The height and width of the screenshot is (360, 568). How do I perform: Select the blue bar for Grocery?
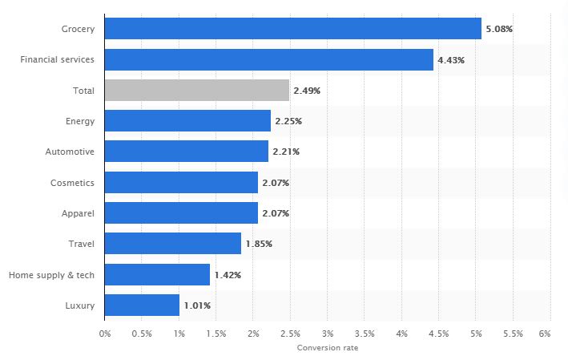click(292, 29)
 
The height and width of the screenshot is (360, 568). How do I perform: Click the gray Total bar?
click(196, 91)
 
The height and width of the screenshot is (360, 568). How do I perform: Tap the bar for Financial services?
click(268, 59)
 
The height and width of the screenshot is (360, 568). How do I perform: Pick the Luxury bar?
click(142, 305)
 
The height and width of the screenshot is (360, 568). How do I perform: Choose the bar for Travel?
click(172, 243)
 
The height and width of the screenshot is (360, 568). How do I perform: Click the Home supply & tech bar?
click(157, 274)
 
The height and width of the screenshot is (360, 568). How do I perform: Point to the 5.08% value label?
click(498, 29)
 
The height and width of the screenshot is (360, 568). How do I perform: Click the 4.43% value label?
click(450, 59)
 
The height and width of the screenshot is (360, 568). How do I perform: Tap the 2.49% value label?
click(307, 91)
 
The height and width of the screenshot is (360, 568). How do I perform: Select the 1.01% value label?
click(196, 305)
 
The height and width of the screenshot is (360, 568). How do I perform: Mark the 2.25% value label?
click(288, 121)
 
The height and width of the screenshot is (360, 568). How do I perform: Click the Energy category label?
click(80, 121)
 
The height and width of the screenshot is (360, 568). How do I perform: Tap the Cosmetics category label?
click(73, 182)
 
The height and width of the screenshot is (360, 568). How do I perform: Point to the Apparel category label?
click(78, 213)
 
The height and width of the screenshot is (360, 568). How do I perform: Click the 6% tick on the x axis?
click(545, 332)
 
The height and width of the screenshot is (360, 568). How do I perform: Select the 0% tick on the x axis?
click(105, 332)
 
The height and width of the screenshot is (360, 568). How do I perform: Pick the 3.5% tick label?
click(364, 332)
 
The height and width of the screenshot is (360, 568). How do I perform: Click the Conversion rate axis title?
click(327, 348)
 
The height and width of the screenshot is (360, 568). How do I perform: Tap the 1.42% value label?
click(228, 274)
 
